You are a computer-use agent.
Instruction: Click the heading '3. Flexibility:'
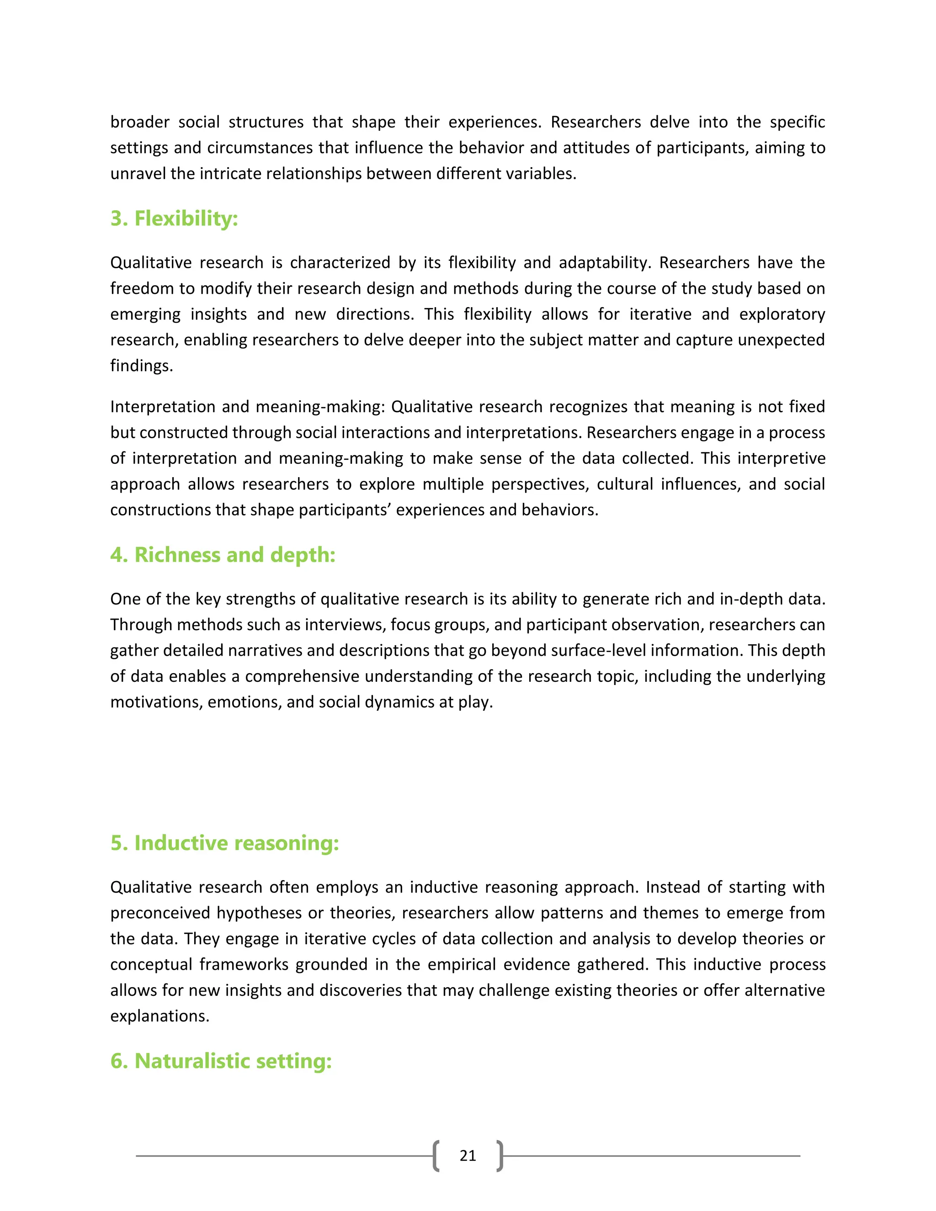coord(174,218)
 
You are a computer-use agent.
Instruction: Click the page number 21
coord(468,1156)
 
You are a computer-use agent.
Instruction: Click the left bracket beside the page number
coord(436,1156)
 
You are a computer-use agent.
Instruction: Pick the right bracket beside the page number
coord(500,1156)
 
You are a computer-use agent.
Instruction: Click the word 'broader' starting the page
coord(140,122)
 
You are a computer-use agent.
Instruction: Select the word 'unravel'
coord(138,174)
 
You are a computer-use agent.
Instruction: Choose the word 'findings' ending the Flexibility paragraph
coord(141,366)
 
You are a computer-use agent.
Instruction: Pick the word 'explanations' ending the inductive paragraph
coord(159,1016)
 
